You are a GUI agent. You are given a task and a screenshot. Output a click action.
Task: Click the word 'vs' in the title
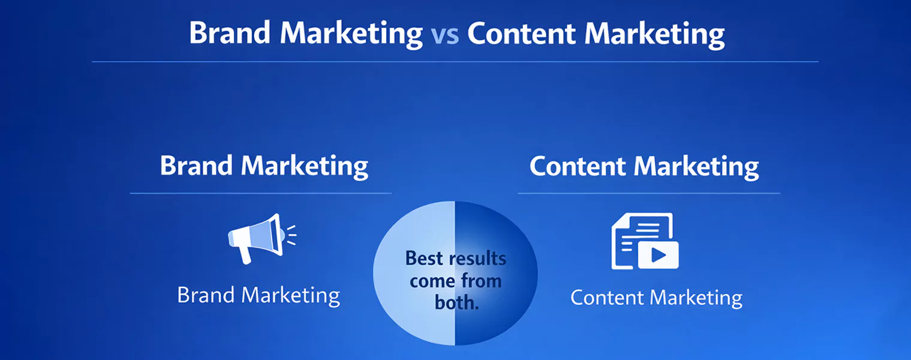(444, 35)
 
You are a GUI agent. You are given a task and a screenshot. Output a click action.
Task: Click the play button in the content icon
(659, 256)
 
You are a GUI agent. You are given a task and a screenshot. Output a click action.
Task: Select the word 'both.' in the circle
(456, 302)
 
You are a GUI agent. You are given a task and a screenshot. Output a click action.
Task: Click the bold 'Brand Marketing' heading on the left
(264, 166)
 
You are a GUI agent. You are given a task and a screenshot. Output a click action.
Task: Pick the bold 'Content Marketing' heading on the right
(644, 166)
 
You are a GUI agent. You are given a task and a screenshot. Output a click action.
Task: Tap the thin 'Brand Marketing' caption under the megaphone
(258, 295)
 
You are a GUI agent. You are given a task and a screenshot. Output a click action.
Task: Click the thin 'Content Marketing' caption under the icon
(656, 298)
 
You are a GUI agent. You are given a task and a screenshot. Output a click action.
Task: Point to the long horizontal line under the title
(455, 61)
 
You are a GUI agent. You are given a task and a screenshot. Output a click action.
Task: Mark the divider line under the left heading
(260, 193)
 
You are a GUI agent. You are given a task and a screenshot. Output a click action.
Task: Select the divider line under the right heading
(649, 193)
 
